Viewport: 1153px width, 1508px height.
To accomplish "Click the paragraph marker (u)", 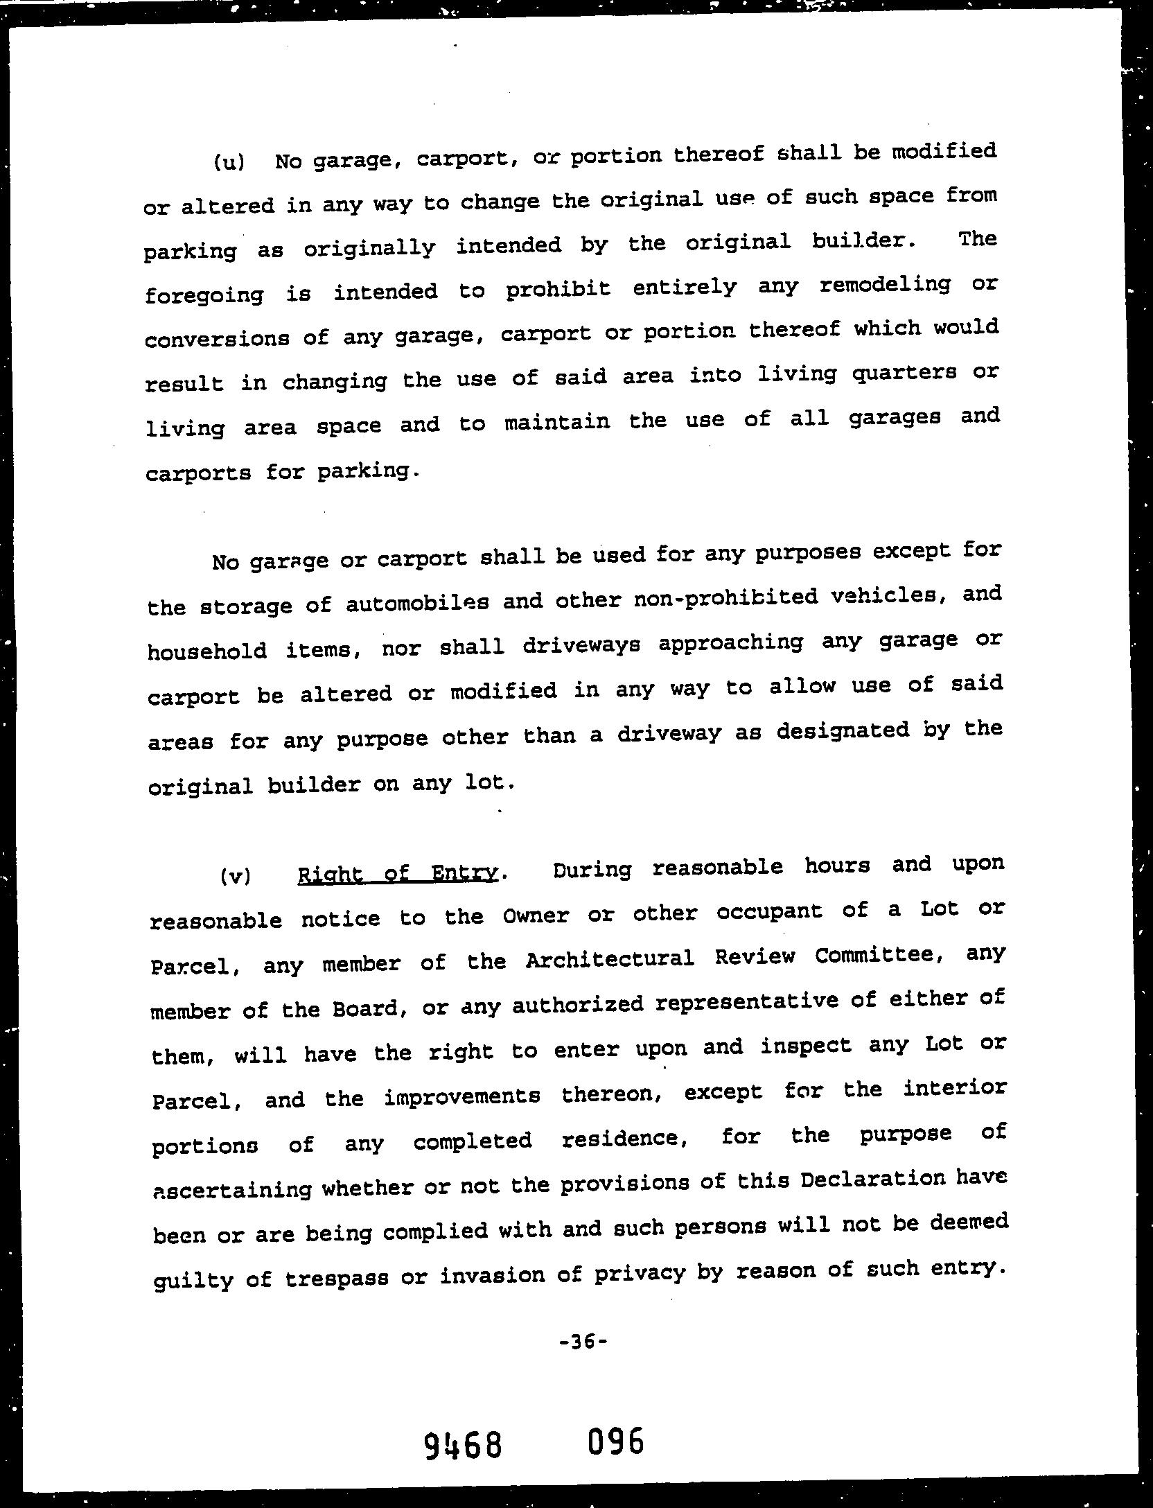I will coord(228,163).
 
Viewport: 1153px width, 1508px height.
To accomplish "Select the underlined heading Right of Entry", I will coord(398,874).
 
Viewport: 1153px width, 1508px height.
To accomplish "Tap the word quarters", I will coord(904,375).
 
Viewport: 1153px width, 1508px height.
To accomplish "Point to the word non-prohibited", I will coord(725,598).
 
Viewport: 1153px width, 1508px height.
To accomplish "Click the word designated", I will coord(842,731).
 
